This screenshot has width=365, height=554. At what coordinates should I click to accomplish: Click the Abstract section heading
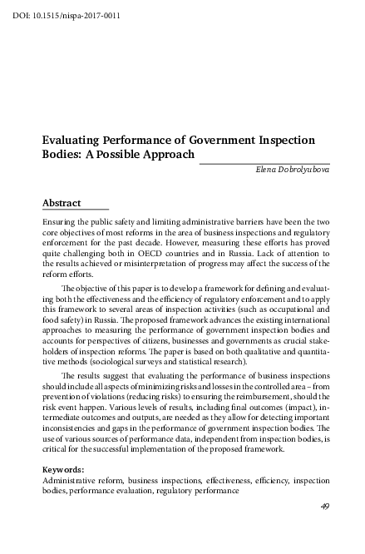click(x=62, y=203)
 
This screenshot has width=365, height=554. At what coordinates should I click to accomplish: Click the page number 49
click(x=324, y=507)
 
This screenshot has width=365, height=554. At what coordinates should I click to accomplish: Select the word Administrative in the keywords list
click(x=72, y=480)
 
